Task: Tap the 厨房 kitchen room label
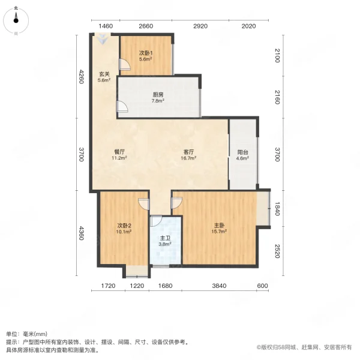click(x=158, y=95)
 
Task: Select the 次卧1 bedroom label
click(x=145, y=53)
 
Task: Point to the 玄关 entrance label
click(x=104, y=74)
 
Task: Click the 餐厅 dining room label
click(x=119, y=152)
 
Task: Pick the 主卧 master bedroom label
click(x=219, y=226)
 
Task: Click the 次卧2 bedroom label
click(x=124, y=226)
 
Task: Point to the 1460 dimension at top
click(x=106, y=26)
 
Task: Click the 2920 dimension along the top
click(x=200, y=26)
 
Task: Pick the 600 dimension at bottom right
click(x=262, y=286)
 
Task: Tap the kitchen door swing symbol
click(x=122, y=107)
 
